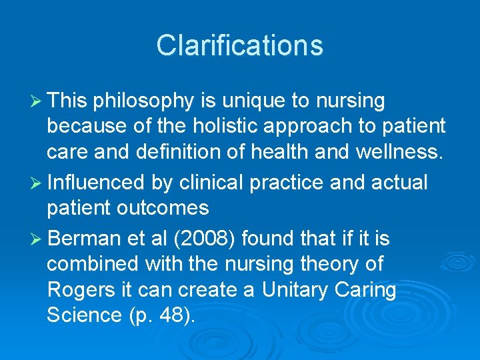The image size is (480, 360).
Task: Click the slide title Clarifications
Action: point(239,45)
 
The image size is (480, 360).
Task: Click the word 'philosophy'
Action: point(145,101)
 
